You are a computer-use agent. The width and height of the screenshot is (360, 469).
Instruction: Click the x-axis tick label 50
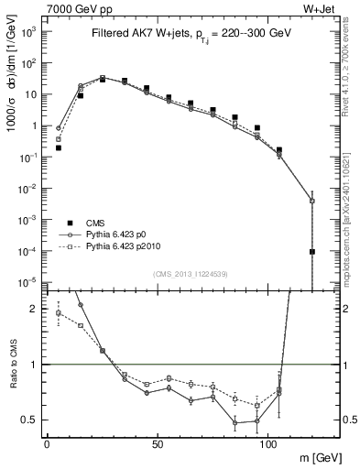pos(158,443)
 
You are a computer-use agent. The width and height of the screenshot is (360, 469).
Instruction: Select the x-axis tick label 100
pos(267,443)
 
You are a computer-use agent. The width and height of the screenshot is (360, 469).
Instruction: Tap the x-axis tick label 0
pos(47,443)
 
